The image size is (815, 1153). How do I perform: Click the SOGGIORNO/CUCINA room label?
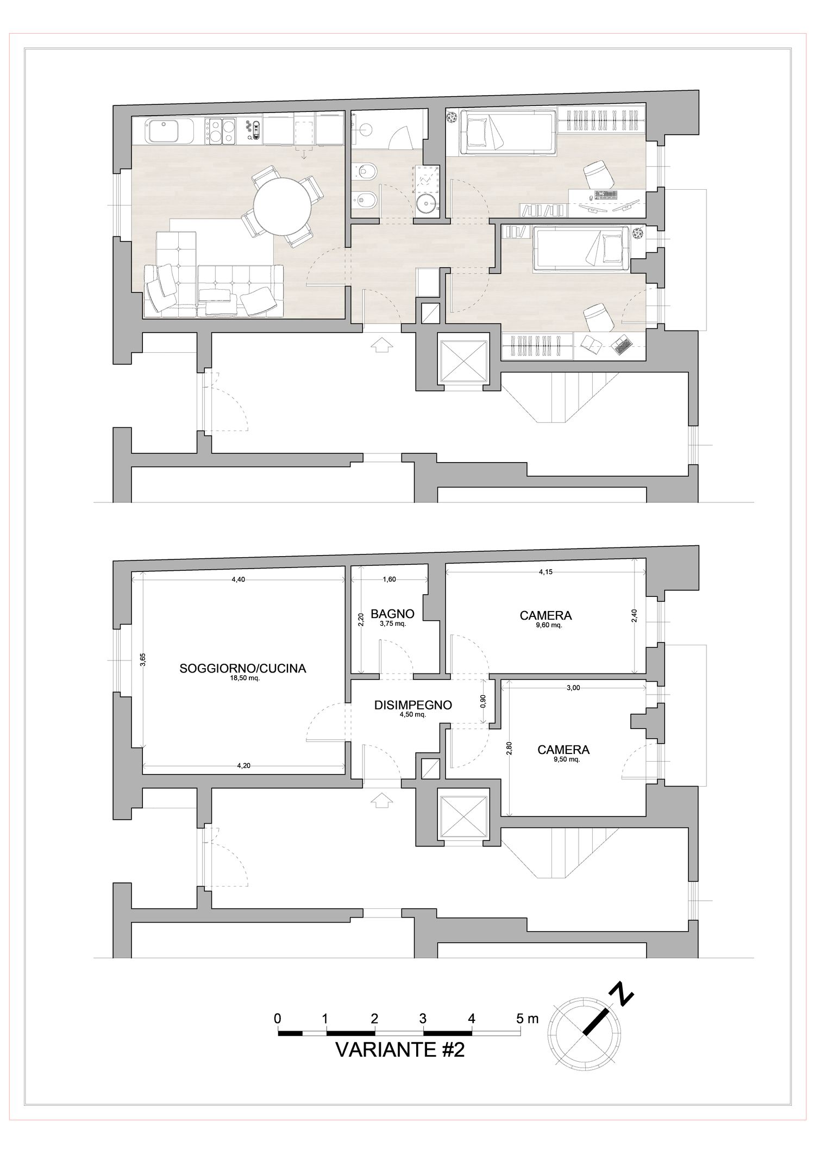pos(243,669)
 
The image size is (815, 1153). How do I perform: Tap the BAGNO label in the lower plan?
pos(392,614)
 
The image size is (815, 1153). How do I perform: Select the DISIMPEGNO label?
pos(413,705)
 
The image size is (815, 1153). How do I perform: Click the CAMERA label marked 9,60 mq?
pos(546,615)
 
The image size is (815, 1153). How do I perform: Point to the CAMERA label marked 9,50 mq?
pos(563,750)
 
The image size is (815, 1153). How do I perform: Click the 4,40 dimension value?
pos(239,579)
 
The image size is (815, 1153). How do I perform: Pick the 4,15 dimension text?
pos(546,571)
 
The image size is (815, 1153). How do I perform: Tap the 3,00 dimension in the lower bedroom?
pos(573,688)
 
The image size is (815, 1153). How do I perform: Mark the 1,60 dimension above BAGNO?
pos(389,579)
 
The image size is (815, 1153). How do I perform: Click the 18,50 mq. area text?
pos(243,678)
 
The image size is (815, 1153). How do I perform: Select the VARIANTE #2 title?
pos(400,1049)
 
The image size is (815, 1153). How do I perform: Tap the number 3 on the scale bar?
pos(423,1018)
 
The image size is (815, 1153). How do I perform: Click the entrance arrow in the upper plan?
pos(384,344)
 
